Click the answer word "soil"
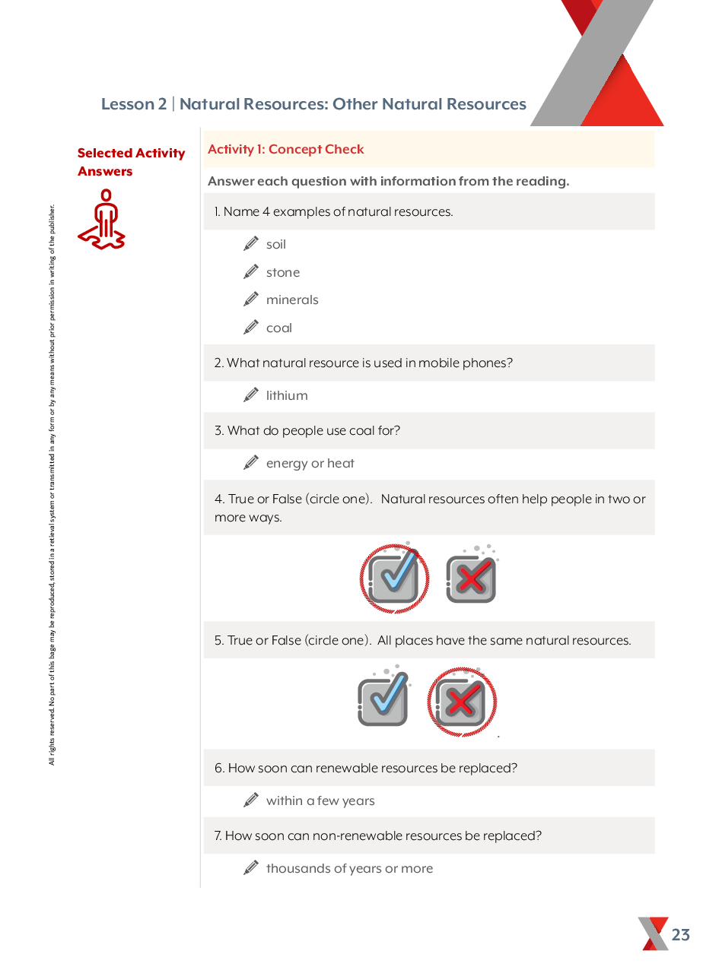tap(275, 245)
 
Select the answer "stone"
tap(282, 273)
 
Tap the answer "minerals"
tap(292, 300)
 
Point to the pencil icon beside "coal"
tap(251, 328)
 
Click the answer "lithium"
tap(287, 396)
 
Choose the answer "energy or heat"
tap(310, 464)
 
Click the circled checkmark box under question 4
tap(393, 579)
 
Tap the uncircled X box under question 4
tap(471, 579)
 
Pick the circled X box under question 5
tap(461, 702)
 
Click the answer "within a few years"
tap(320, 801)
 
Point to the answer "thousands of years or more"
tap(349, 869)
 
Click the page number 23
tap(680, 935)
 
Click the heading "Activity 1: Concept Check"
tap(286, 150)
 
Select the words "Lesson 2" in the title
tap(134, 104)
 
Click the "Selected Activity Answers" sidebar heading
tap(131, 163)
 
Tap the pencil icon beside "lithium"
tap(251, 395)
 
